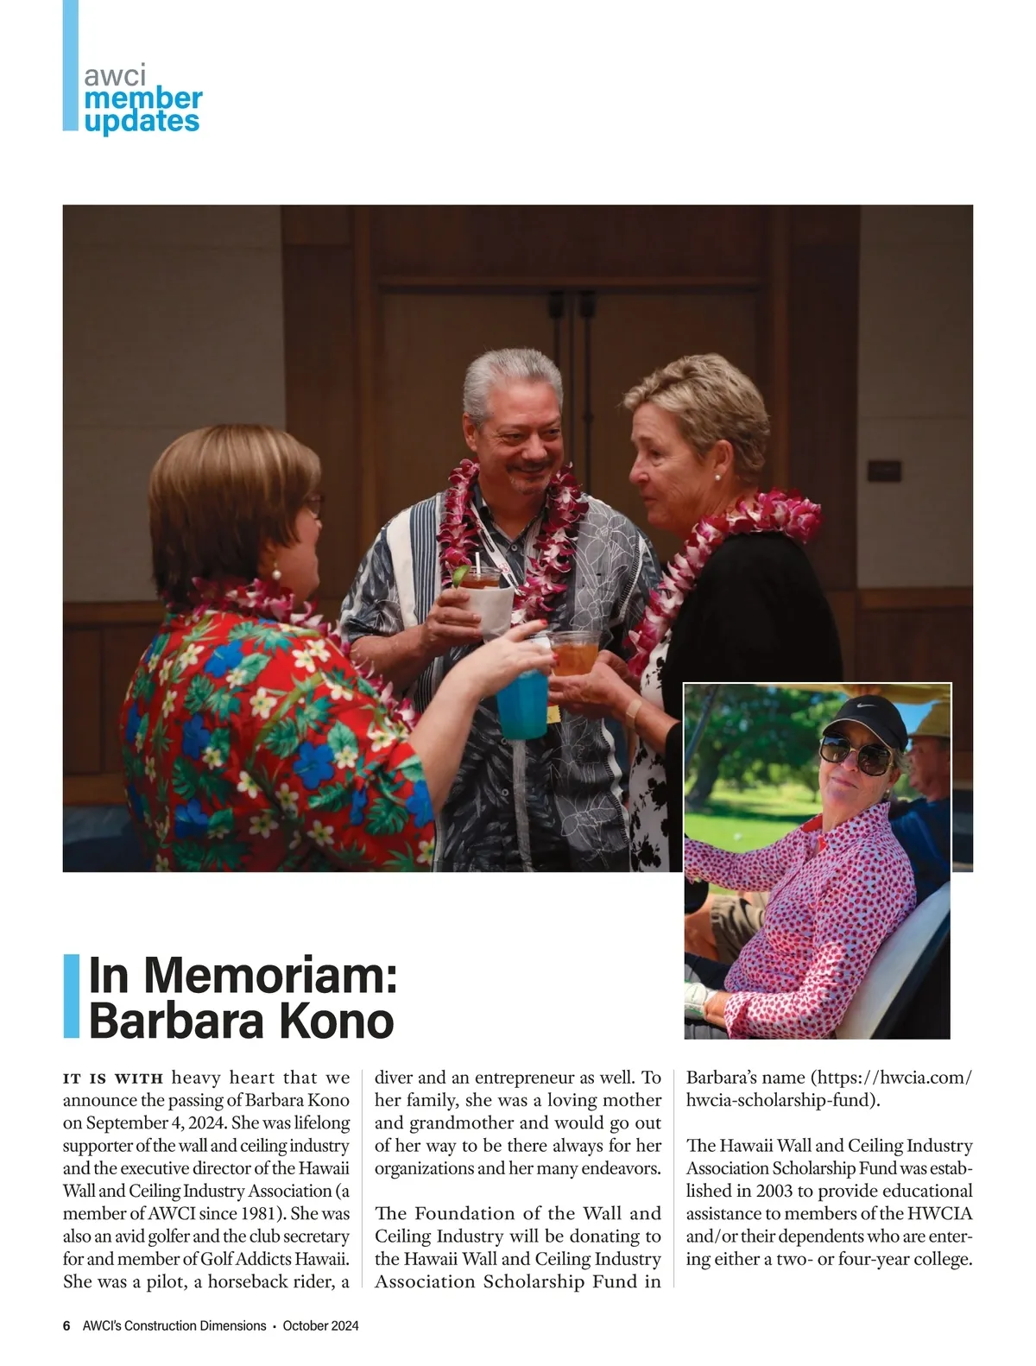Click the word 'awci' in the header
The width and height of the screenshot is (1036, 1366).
pos(115,75)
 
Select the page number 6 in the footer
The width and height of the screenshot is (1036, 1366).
pos(66,1325)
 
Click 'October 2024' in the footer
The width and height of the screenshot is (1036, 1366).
pos(320,1325)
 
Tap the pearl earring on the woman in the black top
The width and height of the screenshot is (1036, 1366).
pos(717,476)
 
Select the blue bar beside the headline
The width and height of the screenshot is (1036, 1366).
pos(71,996)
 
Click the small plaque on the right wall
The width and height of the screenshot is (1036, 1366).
pos(884,471)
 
